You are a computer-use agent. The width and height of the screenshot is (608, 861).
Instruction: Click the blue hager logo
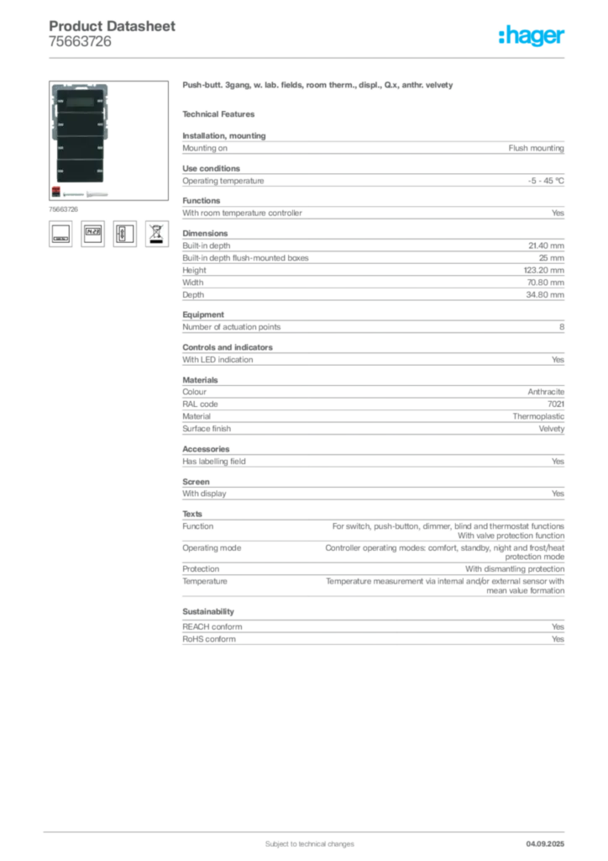point(532,36)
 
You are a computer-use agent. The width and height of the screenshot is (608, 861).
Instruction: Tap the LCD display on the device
point(81,103)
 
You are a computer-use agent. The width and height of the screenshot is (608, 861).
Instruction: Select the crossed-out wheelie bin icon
point(156,233)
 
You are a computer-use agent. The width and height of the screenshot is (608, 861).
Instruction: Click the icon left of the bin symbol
point(124,233)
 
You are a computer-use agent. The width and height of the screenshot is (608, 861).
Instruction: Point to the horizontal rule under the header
point(308,57)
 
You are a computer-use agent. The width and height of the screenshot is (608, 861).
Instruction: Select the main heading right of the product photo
point(318,87)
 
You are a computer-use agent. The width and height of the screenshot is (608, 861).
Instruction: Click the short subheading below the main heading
point(221,114)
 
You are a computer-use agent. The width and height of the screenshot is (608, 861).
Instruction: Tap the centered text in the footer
point(306,840)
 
